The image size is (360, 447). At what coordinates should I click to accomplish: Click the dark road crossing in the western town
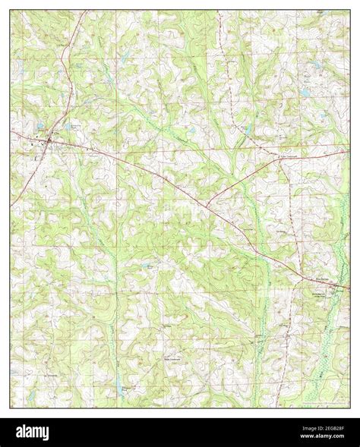coord(48,140)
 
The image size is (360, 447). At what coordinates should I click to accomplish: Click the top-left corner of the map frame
coord(11,11)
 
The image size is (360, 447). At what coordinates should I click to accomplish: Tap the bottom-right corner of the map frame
coord(350,408)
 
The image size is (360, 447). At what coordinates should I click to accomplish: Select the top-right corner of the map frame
coord(350,11)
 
